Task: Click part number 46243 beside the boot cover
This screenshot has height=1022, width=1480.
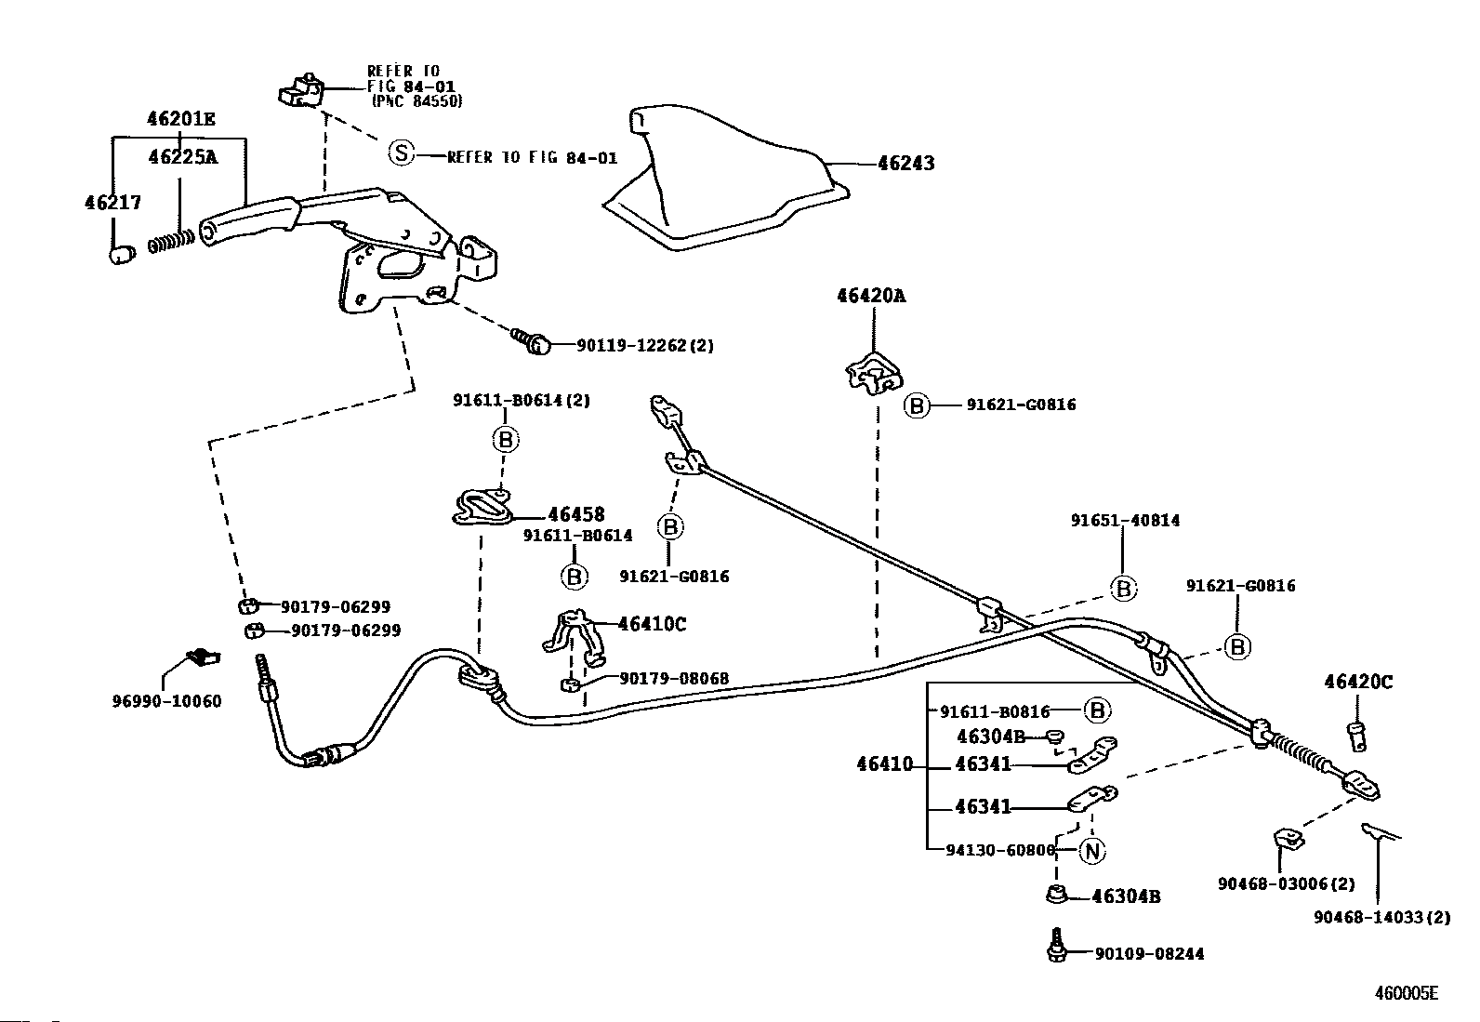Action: click(905, 164)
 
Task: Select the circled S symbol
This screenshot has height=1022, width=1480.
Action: click(401, 153)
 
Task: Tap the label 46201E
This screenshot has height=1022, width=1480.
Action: click(181, 119)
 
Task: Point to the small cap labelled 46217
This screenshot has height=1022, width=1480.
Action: click(122, 254)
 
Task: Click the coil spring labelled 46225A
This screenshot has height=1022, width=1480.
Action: click(171, 241)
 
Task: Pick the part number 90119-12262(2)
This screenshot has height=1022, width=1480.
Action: click(645, 345)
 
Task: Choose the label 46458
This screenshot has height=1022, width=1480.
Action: click(576, 514)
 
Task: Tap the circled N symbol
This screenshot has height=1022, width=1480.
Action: click(1091, 851)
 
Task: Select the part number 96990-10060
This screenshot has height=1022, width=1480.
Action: click(166, 701)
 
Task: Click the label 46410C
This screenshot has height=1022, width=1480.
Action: click(652, 624)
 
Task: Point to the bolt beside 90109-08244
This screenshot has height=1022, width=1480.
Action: click(1056, 946)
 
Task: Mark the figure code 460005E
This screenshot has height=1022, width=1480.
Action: click(1406, 993)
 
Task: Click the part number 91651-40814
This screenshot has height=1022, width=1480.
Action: click(1125, 520)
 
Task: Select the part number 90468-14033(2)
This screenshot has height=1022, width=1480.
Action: click(1381, 918)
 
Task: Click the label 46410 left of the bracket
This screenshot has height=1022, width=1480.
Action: click(885, 764)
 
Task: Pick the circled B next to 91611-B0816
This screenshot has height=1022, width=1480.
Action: click(1097, 710)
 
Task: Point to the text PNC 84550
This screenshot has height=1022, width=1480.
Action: click(416, 101)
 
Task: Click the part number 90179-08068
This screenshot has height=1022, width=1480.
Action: click(674, 678)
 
